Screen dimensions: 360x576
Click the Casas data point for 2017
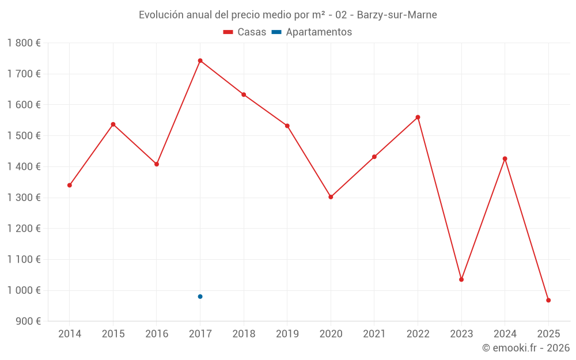pyautogui.click(x=200, y=60)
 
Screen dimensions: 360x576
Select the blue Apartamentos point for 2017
pyautogui.click(x=200, y=297)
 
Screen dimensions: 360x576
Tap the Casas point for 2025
pyautogui.click(x=548, y=300)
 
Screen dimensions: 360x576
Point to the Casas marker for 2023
pyautogui.click(x=461, y=279)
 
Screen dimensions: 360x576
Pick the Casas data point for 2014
pyautogui.click(x=70, y=185)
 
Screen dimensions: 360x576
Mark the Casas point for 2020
pyautogui.click(x=331, y=197)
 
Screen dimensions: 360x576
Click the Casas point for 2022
pyautogui.click(x=418, y=117)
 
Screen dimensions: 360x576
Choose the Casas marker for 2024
pyautogui.click(x=505, y=158)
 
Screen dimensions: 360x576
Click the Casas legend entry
pyautogui.click(x=245, y=32)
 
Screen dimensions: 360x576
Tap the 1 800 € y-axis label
pyautogui.click(x=24, y=43)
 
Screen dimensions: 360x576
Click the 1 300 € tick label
pyautogui.click(x=24, y=198)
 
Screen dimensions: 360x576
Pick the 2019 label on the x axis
pyautogui.click(x=287, y=334)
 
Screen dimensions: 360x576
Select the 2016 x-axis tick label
pyautogui.click(x=157, y=334)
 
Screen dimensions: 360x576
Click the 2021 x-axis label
pyautogui.click(x=374, y=334)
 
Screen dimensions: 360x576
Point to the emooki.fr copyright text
pyautogui.click(x=526, y=348)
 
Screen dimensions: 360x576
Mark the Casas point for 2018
pyautogui.click(x=244, y=94)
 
